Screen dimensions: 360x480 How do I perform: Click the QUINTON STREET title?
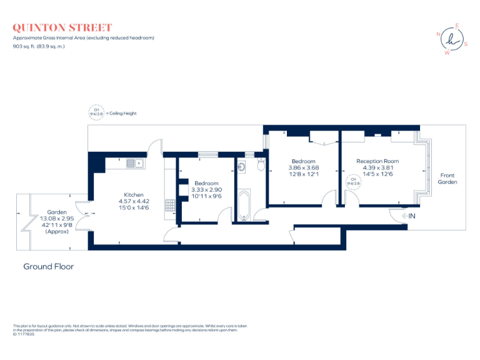pyautogui.click(x=62, y=27)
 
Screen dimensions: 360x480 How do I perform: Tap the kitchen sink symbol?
pyautogui.click(x=134, y=164)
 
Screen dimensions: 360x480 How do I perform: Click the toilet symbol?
pyautogui.click(x=261, y=164)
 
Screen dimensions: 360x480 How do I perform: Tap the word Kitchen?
pyautogui.click(x=133, y=194)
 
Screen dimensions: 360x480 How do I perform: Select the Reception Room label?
pyautogui.click(x=377, y=161)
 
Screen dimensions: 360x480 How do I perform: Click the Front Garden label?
pyautogui.click(x=447, y=179)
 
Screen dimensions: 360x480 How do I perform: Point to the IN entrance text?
pyautogui.click(x=412, y=216)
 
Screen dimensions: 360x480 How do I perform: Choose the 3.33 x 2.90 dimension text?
pyautogui.click(x=206, y=189)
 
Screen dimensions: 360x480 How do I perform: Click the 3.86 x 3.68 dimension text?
pyautogui.click(x=303, y=167)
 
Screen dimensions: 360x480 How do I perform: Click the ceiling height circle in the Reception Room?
pyautogui.click(x=354, y=182)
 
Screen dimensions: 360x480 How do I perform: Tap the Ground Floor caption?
pyautogui.click(x=48, y=267)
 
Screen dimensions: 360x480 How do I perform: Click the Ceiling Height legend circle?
pyautogui.click(x=97, y=113)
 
